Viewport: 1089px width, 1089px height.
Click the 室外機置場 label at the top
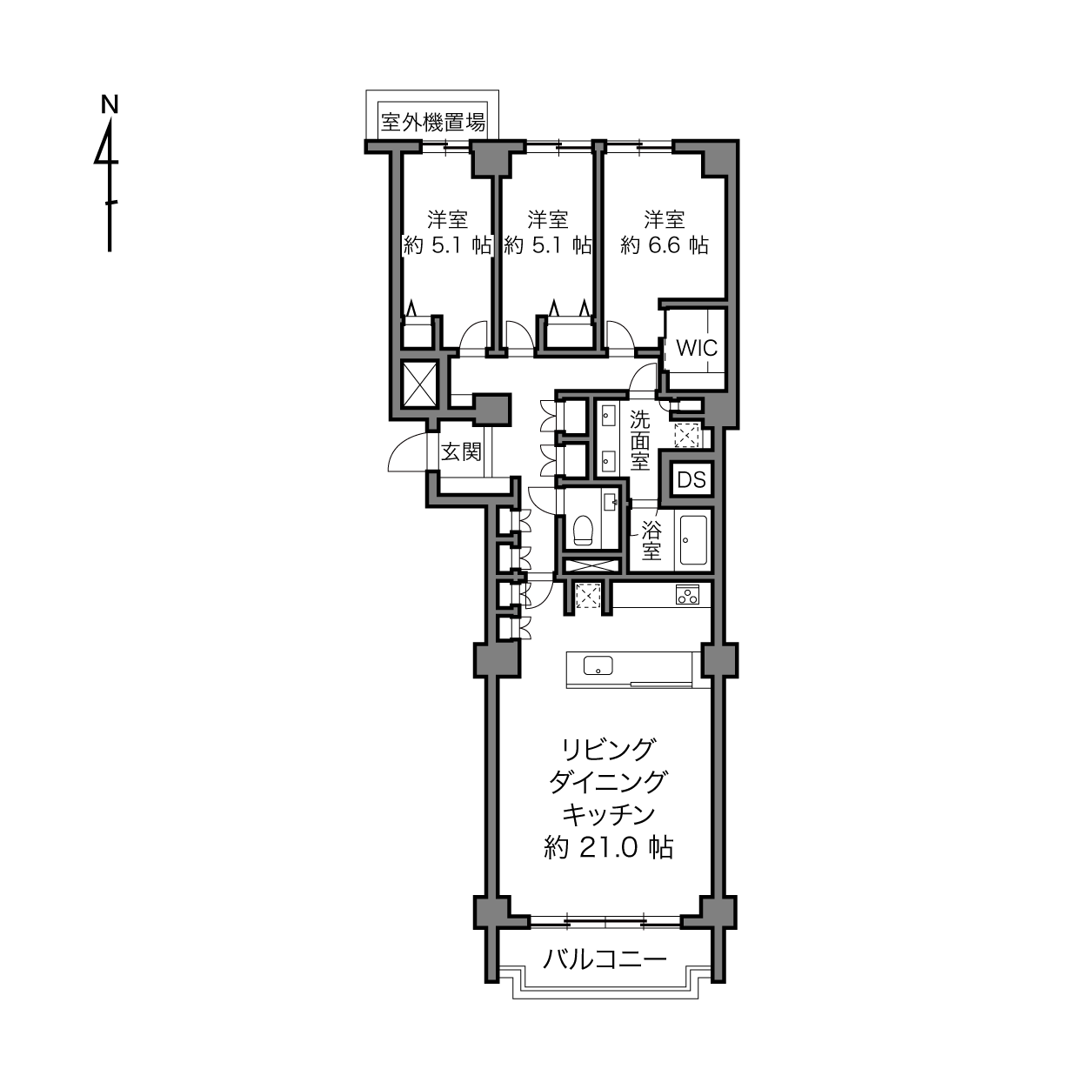(432, 122)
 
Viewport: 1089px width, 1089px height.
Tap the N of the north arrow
(110, 104)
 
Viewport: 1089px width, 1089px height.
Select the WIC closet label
(697, 348)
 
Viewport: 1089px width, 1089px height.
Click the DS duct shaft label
(692, 480)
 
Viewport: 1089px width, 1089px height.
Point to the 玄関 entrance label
(461, 452)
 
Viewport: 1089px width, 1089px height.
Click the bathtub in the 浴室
(693, 539)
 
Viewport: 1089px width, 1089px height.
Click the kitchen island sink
(598, 665)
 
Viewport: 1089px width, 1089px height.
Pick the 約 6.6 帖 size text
(664, 246)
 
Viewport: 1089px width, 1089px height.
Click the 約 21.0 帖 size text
(608, 848)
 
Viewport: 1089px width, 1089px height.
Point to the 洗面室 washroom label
(639, 441)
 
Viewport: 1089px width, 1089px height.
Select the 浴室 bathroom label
(651, 541)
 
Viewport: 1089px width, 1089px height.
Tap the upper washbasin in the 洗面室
(608, 417)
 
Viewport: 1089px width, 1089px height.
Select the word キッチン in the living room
(608, 816)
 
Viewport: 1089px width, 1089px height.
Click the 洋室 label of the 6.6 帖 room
(664, 219)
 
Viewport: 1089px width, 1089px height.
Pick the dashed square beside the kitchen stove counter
(588, 596)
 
